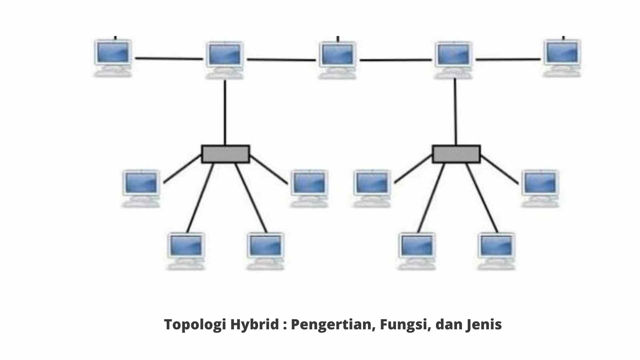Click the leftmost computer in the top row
click(x=113, y=58)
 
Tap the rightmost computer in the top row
click(x=562, y=58)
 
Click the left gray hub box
click(x=225, y=154)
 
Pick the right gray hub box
click(x=456, y=154)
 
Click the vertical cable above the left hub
click(x=225, y=113)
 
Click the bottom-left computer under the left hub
click(x=186, y=251)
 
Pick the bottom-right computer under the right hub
click(x=496, y=251)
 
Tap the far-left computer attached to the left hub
click(x=141, y=189)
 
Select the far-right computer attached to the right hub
click(x=540, y=189)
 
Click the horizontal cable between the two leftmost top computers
click(x=169, y=59)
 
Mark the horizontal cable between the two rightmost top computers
click(x=508, y=60)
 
